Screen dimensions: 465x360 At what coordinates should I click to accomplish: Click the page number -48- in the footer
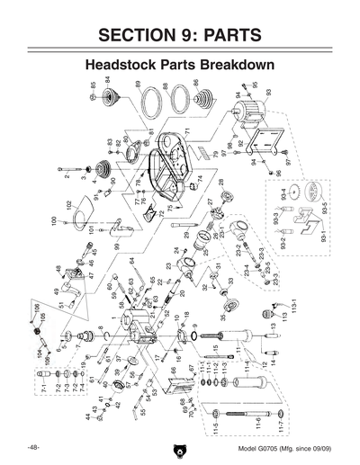point(32,447)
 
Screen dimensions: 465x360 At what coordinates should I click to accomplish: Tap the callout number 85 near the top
point(94,87)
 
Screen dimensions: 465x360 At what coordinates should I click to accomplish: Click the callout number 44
point(89,416)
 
